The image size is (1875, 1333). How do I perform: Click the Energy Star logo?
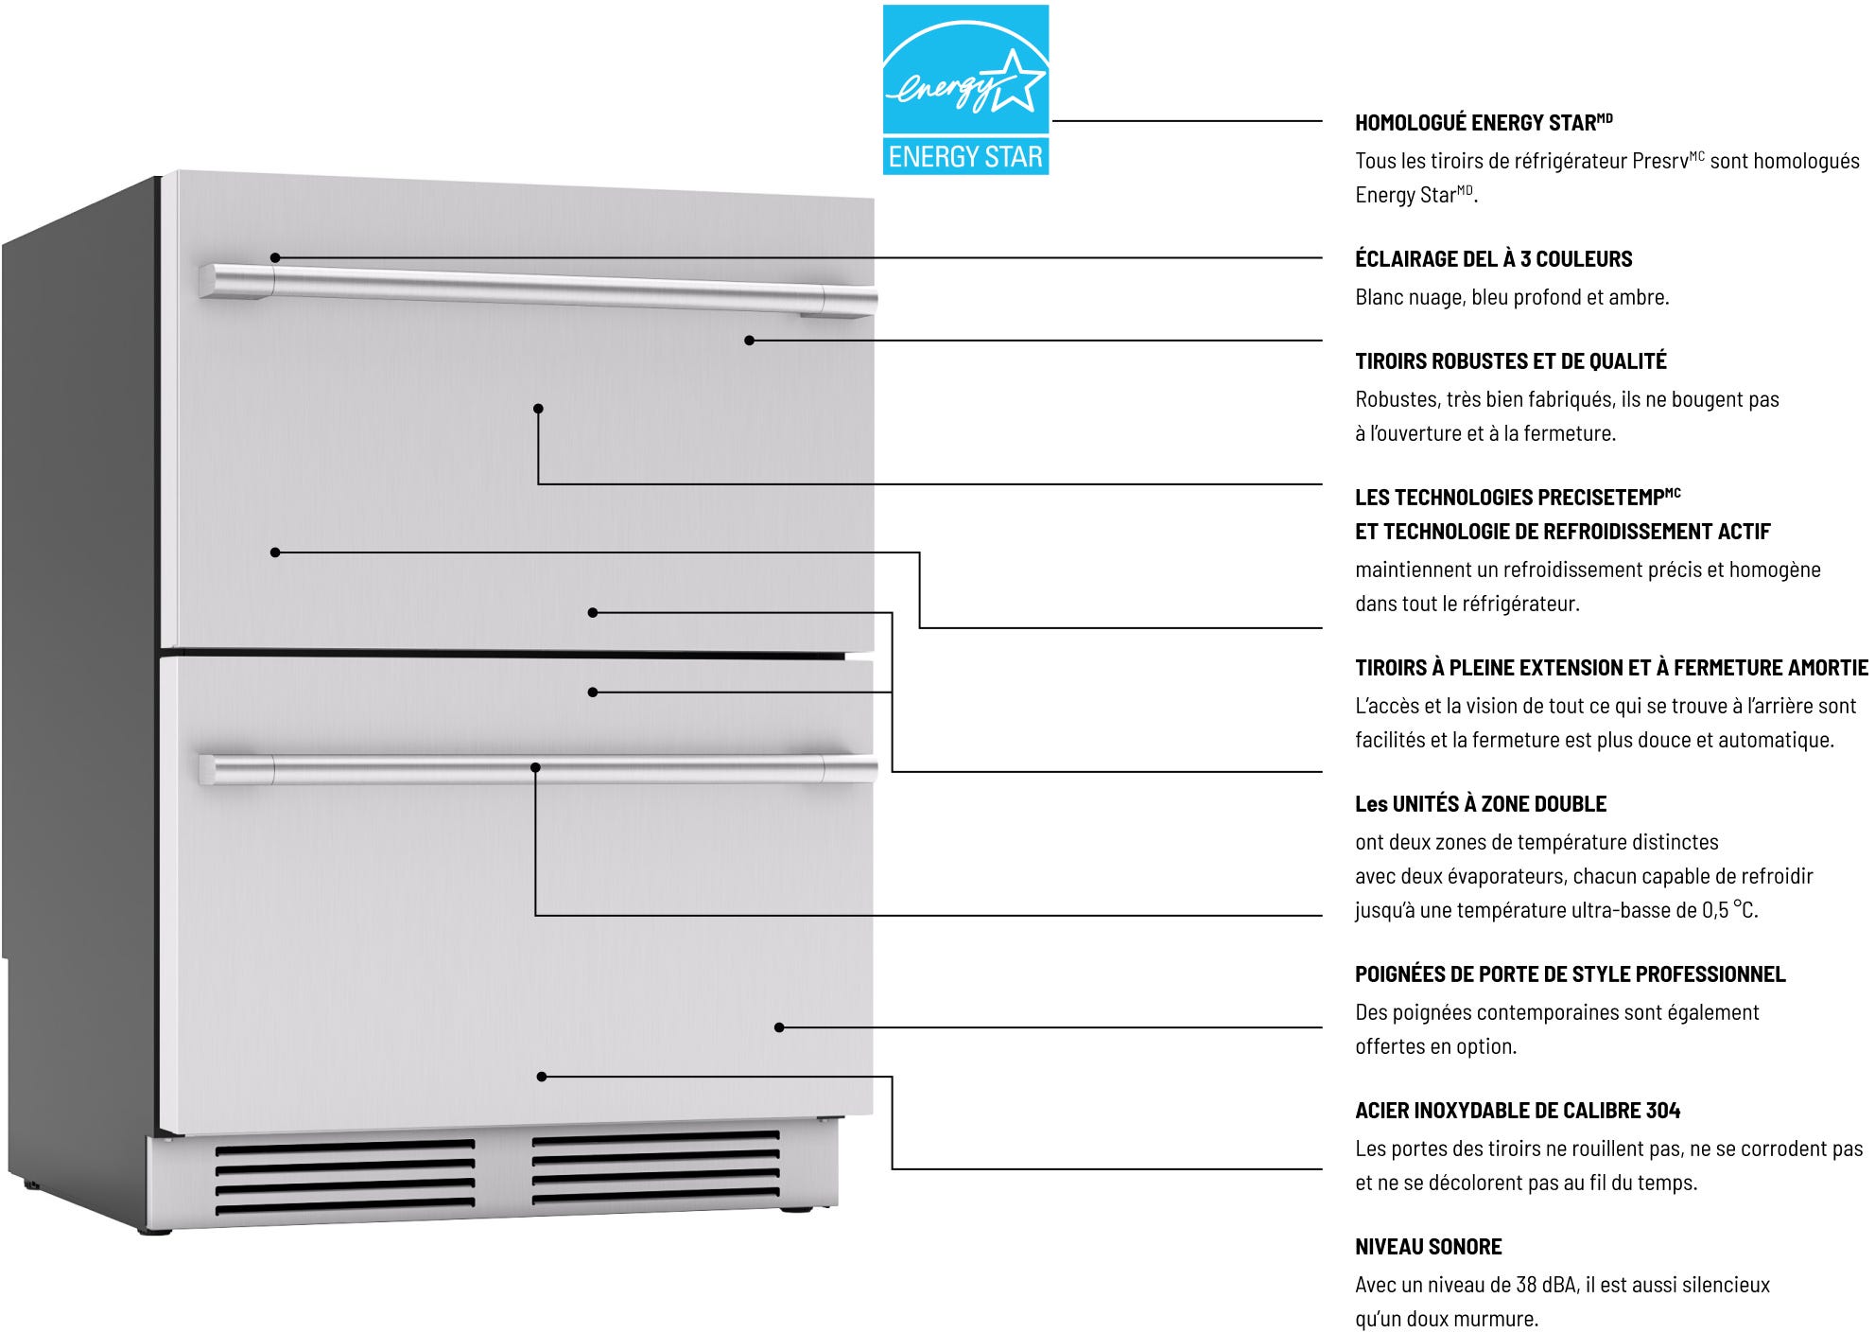coord(965,90)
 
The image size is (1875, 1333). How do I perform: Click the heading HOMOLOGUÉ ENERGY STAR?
coord(1484,123)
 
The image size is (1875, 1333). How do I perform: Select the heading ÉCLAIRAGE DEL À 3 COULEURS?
coord(1493,259)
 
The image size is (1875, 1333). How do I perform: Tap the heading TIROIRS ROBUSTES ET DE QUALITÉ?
coord(1510,361)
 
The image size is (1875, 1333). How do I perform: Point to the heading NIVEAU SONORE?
coord(1428,1247)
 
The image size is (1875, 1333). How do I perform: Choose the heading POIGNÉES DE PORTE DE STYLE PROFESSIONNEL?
coord(1570,974)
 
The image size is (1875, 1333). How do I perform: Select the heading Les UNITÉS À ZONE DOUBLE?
coord(1481,804)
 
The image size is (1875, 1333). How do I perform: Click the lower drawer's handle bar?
coord(538,769)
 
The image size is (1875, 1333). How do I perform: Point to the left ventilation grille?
coord(344,1177)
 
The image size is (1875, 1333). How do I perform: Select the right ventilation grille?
coord(655,1169)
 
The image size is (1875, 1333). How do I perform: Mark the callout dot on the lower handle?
coord(535,767)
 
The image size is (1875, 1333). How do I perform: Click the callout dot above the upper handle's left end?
coord(275,257)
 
